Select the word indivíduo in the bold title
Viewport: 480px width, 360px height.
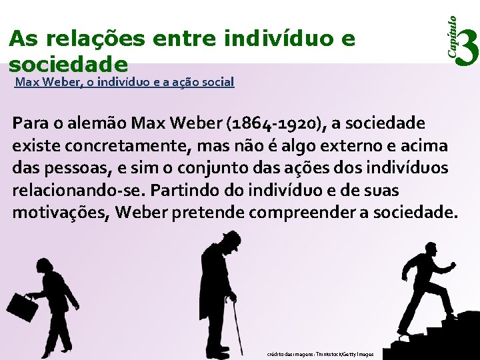[x=279, y=39]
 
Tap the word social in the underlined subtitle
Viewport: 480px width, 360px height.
[x=217, y=83]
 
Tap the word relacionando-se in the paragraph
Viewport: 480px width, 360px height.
[x=79, y=191]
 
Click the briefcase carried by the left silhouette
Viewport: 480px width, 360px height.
[x=21, y=307]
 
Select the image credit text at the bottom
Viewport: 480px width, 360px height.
[x=320, y=354]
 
